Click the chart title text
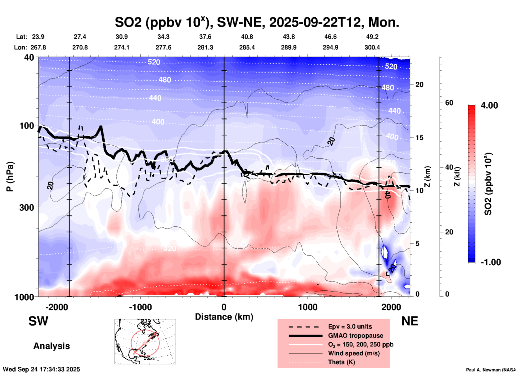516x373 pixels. point(257,22)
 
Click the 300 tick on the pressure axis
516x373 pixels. point(27,207)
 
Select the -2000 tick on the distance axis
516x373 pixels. point(57,307)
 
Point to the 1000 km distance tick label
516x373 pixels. point(308,307)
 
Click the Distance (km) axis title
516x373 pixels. point(224,317)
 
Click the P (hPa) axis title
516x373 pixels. point(10,177)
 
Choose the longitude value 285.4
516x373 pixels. point(247,48)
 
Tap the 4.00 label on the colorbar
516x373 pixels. point(489,105)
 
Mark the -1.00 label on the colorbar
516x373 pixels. point(491,262)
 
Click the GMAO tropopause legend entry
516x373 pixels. point(356,336)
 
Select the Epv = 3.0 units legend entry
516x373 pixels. point(350,326)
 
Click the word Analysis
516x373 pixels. point(51,346)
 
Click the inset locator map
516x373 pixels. point(145,341)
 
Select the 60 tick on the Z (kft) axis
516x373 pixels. point(449,103)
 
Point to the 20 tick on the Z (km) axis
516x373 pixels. point(419,85)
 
